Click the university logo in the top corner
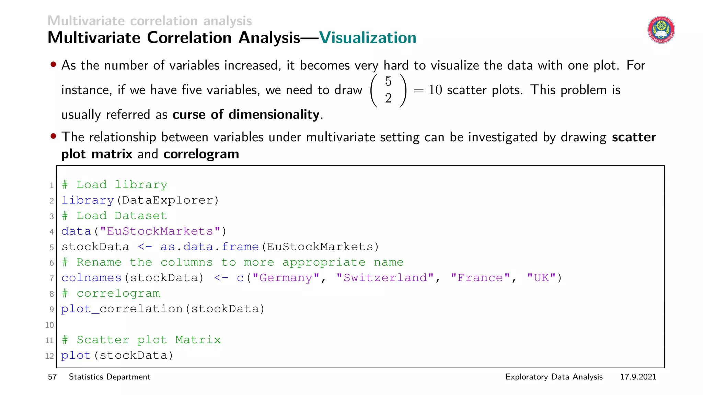pyautogui.click(x=661, y=30)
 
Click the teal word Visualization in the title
pyautogui.click(x=368, y=38)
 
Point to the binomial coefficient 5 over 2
pyautogui.click(x=388, y=90)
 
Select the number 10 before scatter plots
pyautogui.click(x=435, y=90)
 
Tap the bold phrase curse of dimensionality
pyautogui.click(x=246, y=115)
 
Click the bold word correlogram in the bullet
pyautogui.click(x=201, y=154)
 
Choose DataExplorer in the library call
pyautogui.click(x=168, y=200)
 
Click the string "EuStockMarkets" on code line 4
pyautogui.click(x=160, y=231)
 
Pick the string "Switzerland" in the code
pyautogui.click(x=385, y=278)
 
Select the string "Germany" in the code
pyautogui.click(x=286, y=278)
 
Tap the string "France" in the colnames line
pyautogui.click(x=480, y=278)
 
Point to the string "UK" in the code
pyautogui.click(x=541, y=278)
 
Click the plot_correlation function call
pyautogui.click(x=122, y=309)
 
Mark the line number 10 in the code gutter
pyautogui.click(x=49, y=325)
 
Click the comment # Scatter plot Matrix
pyautogui.click(x=141, y=340)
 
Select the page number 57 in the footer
pyautogui.click(x=52, y=377)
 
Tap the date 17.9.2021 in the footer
pyautogui.click(x=638, y=377)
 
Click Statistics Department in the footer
pyautogui.click(x=110, y=377)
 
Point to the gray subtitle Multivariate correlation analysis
pyautogui.click(x=150, y=21)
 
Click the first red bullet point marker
pyautogui.click(x=53, y=64)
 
